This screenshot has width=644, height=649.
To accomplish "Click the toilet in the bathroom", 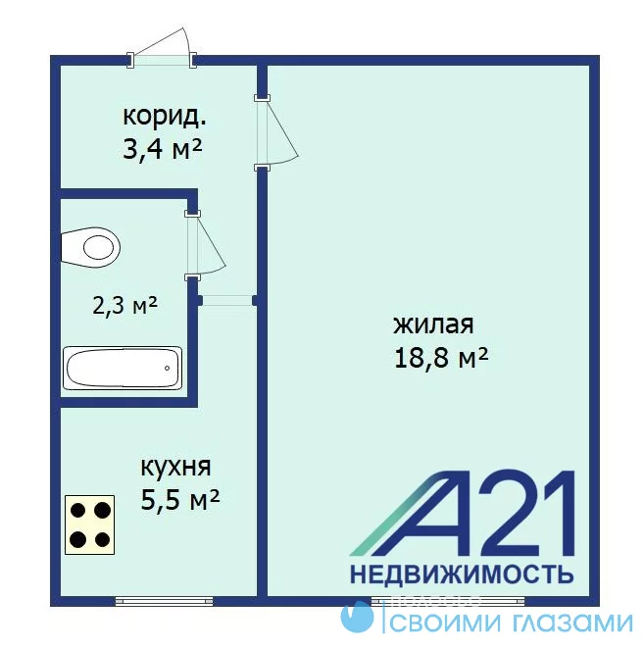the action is (90, 247).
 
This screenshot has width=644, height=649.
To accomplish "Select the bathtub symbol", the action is (123, 368).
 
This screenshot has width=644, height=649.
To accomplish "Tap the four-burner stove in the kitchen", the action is (90, 524).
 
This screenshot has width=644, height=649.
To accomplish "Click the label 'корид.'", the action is (165, 117).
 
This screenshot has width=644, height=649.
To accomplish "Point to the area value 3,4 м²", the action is (163, 149).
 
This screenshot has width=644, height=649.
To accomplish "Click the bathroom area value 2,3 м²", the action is (125, 306).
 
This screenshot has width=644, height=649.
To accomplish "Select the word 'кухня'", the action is (175, 468).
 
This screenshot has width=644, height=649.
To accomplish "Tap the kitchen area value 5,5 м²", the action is (180, 500).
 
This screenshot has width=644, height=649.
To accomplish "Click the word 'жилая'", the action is (433, 324).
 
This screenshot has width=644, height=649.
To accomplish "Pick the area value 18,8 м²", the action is (441, 357).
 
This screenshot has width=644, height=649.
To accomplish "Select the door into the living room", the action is (276, 132).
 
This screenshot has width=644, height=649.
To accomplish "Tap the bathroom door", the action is (205, 246).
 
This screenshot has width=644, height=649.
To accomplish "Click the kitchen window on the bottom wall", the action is (164, 601).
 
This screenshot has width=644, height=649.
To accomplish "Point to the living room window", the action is (448, 601).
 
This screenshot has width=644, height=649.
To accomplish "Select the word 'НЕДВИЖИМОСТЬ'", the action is (462, 574).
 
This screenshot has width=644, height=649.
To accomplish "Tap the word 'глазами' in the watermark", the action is (572, 623).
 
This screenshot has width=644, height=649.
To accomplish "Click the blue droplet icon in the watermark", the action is (357, 617).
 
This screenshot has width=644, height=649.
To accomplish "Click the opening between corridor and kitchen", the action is (226, 300).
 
